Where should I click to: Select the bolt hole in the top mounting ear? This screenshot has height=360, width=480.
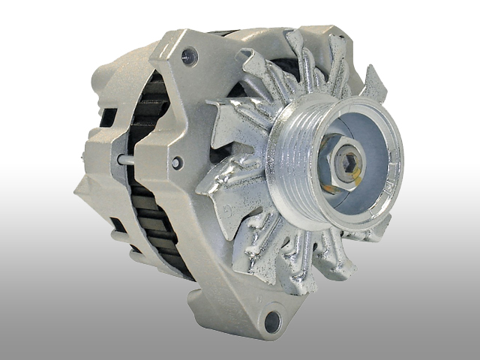coord(189,55)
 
